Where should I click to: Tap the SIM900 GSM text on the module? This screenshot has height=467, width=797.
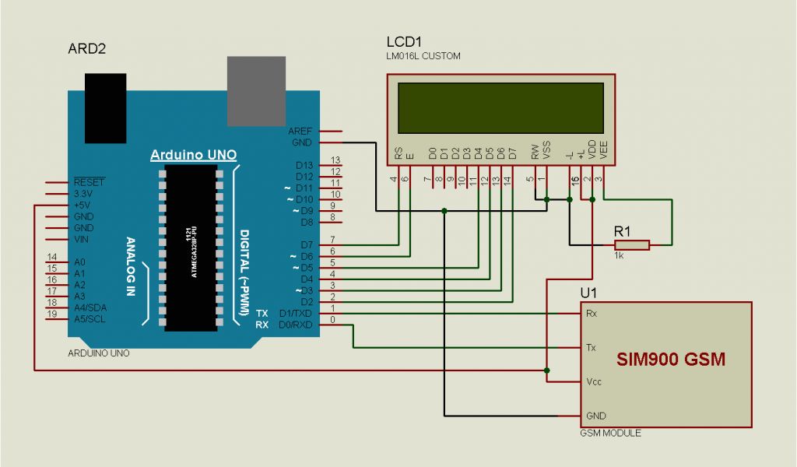[x=670, y=360]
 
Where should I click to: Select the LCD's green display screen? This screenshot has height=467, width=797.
[x=500, y=108]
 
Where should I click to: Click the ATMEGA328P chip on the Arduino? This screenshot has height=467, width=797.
[x=190, y=247]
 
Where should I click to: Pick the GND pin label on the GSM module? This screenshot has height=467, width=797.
[x=595, y=416]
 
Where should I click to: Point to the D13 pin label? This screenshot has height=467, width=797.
[x=304, y=165]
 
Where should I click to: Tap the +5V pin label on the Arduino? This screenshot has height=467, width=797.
[x=83, y=205]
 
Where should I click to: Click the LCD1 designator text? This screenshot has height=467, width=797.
[x=404, y=42]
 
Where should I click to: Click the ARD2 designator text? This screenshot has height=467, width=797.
[x=87, y=49]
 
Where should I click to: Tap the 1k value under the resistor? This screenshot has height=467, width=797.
[x=619, y=255]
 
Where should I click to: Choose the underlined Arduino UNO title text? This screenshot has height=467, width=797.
[x=193, y=154]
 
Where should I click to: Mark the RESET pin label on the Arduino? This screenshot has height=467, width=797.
[x=89, y=181]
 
